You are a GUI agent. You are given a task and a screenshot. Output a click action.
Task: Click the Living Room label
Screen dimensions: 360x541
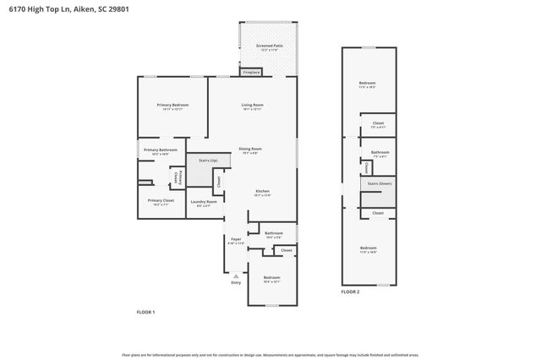(252, 105)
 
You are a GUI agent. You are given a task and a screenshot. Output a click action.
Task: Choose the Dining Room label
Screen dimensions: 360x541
(250, 149)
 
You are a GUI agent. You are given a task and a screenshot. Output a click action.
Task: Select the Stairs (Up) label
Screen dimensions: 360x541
(208, 160)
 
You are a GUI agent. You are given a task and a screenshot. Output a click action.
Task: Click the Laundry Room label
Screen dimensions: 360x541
(204, 201)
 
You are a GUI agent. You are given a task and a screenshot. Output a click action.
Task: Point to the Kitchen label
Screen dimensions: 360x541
(263, 191)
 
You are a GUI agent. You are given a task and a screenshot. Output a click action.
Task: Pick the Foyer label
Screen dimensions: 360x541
(236, 239)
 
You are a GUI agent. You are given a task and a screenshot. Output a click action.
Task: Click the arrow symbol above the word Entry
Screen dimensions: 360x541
(236, 275)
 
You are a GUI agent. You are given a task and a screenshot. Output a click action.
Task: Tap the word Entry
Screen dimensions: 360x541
(236, 282)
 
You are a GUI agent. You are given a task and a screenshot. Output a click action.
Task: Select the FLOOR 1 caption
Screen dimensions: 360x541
(146, 312)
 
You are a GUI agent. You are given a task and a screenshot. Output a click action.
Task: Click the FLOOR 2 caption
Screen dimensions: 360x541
(350, 292)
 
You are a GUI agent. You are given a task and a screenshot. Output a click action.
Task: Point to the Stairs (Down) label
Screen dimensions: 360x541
(378, 183)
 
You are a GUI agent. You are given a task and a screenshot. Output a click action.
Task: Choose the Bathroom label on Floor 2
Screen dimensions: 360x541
(380, 152)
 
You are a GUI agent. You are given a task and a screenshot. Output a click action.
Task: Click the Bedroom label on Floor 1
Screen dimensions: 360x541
(271, 277)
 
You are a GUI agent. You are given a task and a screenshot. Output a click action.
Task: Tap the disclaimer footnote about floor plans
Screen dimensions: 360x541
(270, 354)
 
